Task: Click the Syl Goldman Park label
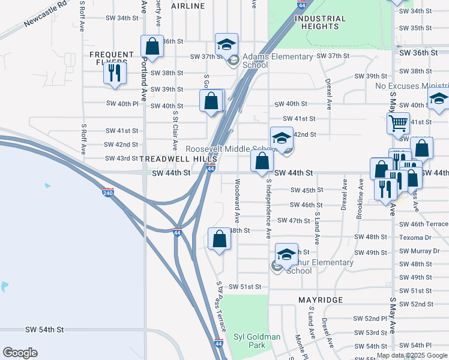[256, 341]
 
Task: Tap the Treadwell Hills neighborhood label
[175, 158]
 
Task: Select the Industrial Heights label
[320, 22]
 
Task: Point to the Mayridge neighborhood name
[321, 299]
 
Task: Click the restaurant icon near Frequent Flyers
[113, 73]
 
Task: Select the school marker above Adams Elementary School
[227, 44]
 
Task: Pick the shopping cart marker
[398, 124]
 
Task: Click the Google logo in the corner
[20, 352]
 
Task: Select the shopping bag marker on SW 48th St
[220, 239]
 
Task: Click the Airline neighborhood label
[188, 6]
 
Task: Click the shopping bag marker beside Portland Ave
[152, 46]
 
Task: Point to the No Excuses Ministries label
[412, 86]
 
